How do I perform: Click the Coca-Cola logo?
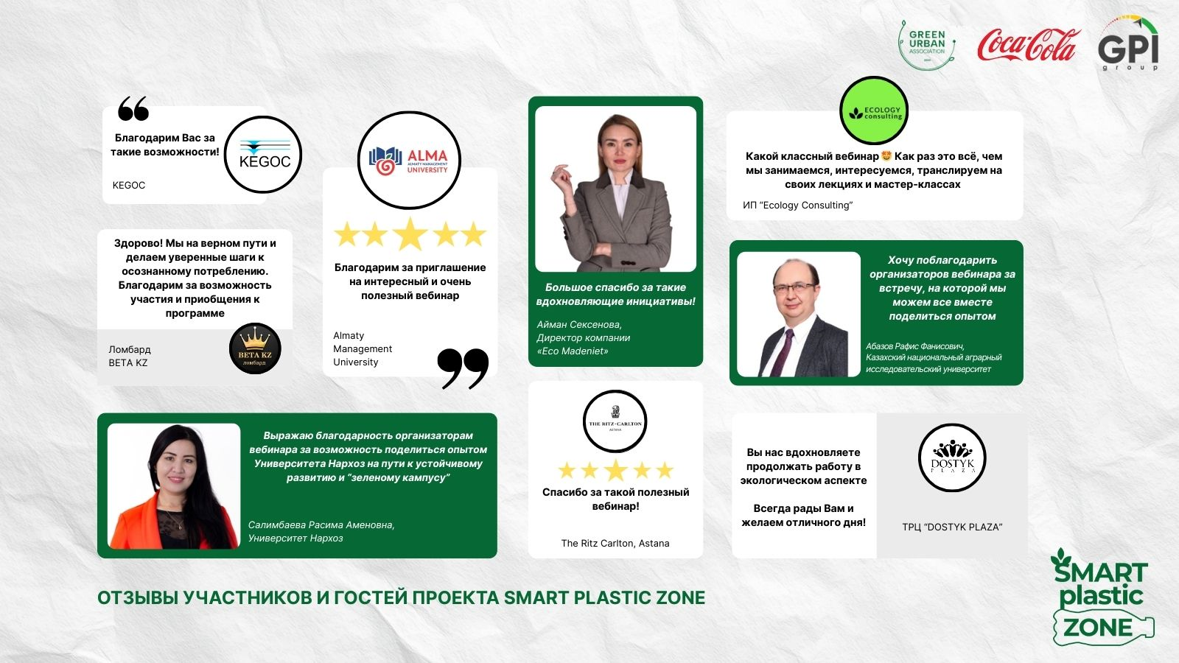pyautogui.click(x=1029, y=45)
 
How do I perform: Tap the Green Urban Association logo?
pyautogui.click(x=927, y=45)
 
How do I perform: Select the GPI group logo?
pyautogui.click(x=1128, y=43)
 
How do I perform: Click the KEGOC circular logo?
pyautogui.click(x=262, y=155)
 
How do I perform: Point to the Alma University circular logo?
pyautogui.click(x=409, y=160)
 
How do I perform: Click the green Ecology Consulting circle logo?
pyautogui.click(x=874, y=110)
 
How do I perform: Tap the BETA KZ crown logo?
pyautogui.click(x=255, y=348)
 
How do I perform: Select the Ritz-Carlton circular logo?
pyautogui.click(x=615, y=421)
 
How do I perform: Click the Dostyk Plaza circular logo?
pyautogui.click(x=952, y=457)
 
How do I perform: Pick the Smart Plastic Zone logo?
pyautogui.click(x=1102, y=597)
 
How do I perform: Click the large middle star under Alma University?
pyautogui.click(x=410, y=234)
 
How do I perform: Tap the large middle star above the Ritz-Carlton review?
pyautogui.click(x=615, y=470)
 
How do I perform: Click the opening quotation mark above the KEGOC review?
pyautogui.click(x=133, y=108)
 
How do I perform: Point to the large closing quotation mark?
pyautogui.click(x=463, y=368)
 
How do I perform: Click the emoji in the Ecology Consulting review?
pyautogui.click(x=886, y=155)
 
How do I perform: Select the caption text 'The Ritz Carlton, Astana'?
pyautogui.click(x=615, y=543)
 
